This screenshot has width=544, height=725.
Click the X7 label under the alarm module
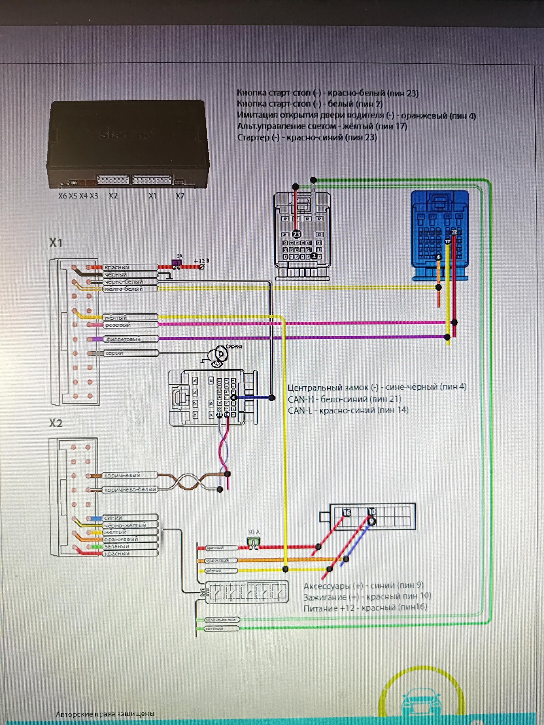(180, 196)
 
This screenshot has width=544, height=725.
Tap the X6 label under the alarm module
(62, 196)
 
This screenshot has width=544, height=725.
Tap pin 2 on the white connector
(313, 256)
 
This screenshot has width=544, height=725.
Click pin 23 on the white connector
(296, 234)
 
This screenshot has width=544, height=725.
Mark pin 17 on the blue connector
(448, 242)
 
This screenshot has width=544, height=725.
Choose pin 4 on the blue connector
(438, 257)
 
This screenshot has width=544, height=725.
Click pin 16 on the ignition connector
(347, 512)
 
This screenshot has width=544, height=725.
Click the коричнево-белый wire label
(130, 490)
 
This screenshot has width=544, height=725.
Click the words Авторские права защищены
(105, 714)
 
